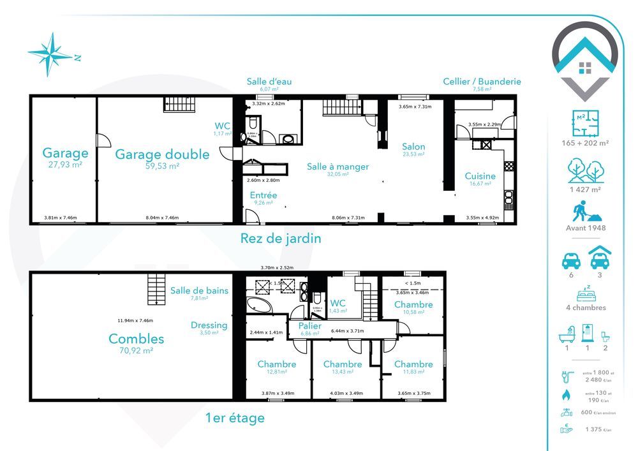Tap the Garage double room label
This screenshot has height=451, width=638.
tap(162, 154)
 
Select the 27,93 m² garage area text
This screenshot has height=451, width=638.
tap(65, 165)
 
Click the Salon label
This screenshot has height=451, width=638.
tap(413, 147)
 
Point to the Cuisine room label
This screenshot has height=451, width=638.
tap(480, 176)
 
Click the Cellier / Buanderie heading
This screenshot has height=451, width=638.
tap(482, 82)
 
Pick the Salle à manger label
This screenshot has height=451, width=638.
tap(338, 166)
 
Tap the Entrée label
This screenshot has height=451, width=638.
tap(262, 195)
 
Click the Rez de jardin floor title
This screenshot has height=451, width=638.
tap(281, 239)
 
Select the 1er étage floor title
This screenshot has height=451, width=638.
tap(235, 418)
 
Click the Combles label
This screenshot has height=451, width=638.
tap(136, 339)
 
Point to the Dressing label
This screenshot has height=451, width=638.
tap(209, 325)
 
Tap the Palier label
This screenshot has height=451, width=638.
tap(310, 326)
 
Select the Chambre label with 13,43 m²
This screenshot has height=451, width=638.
tap(343, 364)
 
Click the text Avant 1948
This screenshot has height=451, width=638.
tap(585, 228)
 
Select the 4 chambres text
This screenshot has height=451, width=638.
tap(585, 307)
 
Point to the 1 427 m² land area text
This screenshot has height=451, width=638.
tap(585, 189)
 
